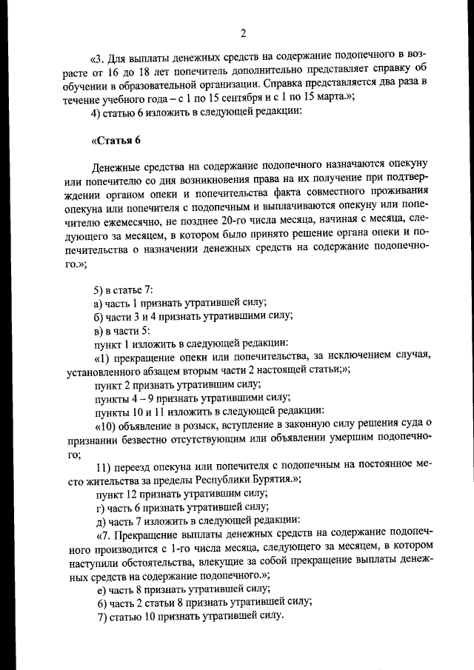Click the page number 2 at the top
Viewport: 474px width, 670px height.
pos(242,33)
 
